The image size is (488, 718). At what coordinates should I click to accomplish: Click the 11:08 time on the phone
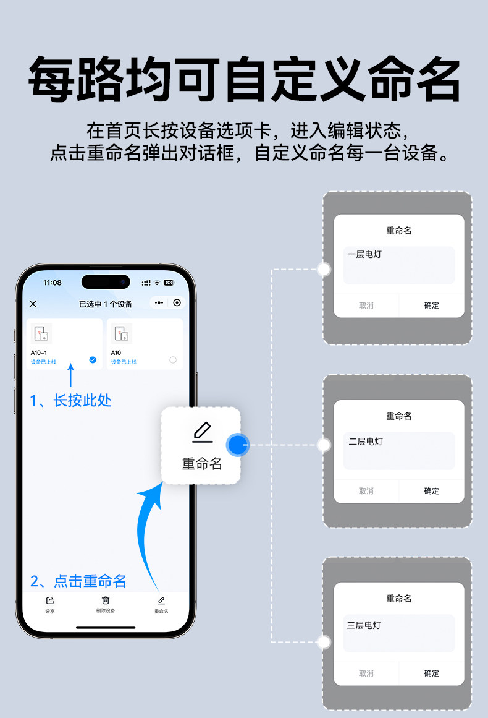[x=53, y=283]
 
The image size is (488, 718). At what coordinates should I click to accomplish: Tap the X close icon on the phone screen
[x=33, y=304]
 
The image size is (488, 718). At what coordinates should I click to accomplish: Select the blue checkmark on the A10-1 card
[x=93, y=359]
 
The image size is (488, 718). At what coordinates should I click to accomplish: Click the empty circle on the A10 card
[x=173, y=359]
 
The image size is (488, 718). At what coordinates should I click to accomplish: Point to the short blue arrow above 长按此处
[x=70, y=375]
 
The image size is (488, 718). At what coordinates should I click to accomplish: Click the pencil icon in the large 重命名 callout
[x=202, y=432]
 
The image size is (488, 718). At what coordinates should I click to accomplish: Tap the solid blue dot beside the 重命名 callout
[x=237, y=445]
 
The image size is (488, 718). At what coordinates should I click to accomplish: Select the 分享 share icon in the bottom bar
[x=50, y=600]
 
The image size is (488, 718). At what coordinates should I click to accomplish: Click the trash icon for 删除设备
[x=106, y=600]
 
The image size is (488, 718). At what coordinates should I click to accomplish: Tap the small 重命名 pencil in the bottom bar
[x=161, y=600]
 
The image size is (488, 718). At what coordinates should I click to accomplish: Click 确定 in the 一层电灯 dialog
[x=431, y=306]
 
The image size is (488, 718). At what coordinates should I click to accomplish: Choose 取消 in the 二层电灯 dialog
[x=366, y=491]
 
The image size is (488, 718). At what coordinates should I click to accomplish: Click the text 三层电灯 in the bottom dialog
[x=364, y=625]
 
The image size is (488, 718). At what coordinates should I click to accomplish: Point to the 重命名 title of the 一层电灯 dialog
[x=399, y=231]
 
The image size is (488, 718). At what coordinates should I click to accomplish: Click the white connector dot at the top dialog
[x=324, y=269]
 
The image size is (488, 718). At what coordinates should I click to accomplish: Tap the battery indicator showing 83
[x=169, y=283]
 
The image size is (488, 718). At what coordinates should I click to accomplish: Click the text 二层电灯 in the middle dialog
[x=366, y=442]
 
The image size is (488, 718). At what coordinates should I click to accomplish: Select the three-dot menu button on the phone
[x=159, y=303]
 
